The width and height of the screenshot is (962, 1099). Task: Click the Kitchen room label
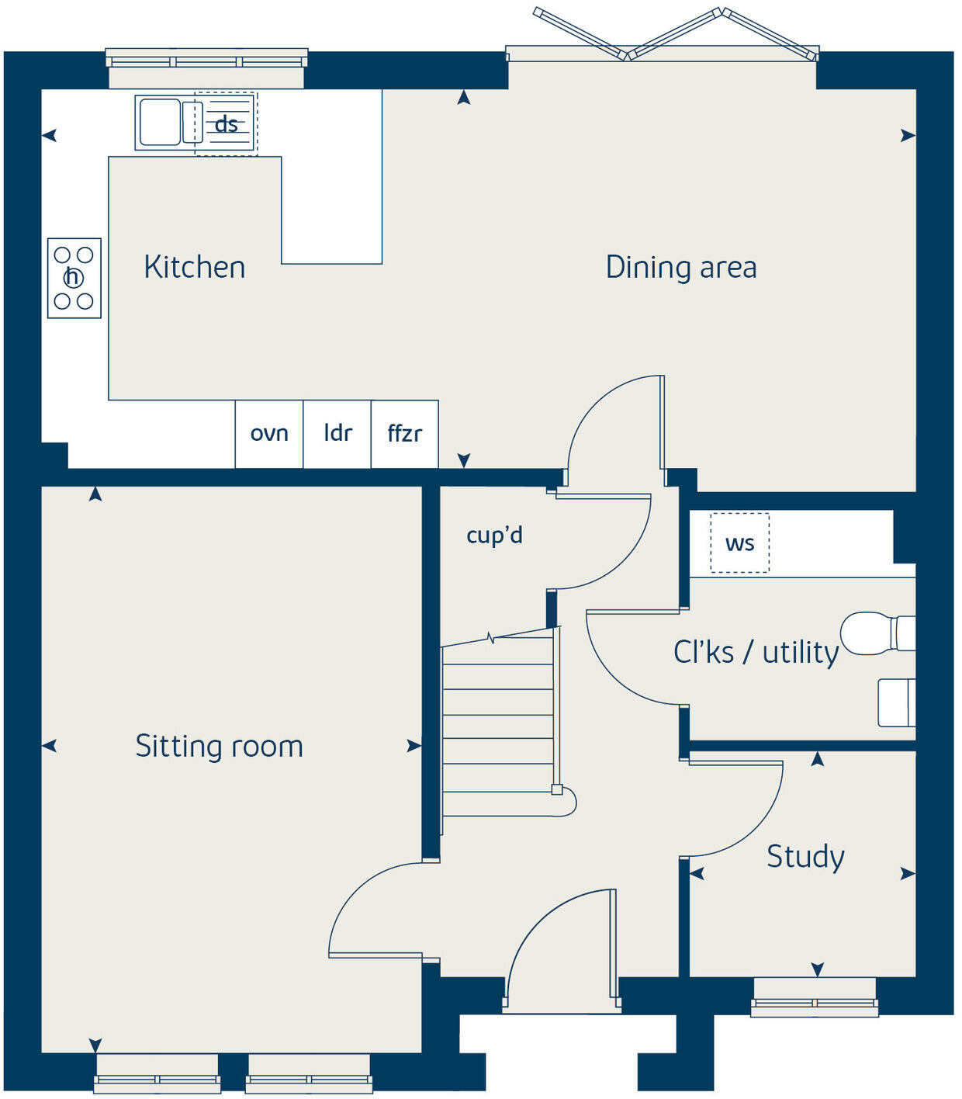[x=195, y=267]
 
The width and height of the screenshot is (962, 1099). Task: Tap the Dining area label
[x=680, y=267]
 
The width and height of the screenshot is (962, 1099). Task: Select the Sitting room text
[x=219, y=746]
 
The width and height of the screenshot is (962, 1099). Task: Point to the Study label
[x=805, y=857]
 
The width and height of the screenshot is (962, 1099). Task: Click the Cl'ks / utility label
[x=756, y=652]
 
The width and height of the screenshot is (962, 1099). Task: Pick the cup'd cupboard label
[x=494, y=535]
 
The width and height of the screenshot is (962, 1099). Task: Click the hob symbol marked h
[x=74, y=278]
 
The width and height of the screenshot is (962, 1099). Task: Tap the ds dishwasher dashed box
[x=226, y=124]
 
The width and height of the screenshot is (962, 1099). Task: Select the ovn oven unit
[x=269, y=434]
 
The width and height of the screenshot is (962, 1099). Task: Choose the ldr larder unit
[x=337, y=434]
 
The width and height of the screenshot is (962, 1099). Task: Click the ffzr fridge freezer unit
[x=405, y=434]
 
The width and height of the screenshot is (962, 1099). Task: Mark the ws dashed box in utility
[x=739, y=543]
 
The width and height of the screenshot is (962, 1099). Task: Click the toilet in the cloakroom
[x=877, y=633]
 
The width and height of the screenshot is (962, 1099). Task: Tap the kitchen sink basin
[x=159, y=123]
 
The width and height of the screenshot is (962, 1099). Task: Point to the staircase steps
[x=497, y=726]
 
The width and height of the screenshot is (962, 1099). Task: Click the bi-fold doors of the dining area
[x=675, y=35]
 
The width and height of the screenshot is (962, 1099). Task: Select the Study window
[x=815, y=1002]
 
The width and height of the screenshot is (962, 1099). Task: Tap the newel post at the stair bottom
[x=557, y=790]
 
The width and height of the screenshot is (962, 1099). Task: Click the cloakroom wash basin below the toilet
[x=896, y=702]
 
